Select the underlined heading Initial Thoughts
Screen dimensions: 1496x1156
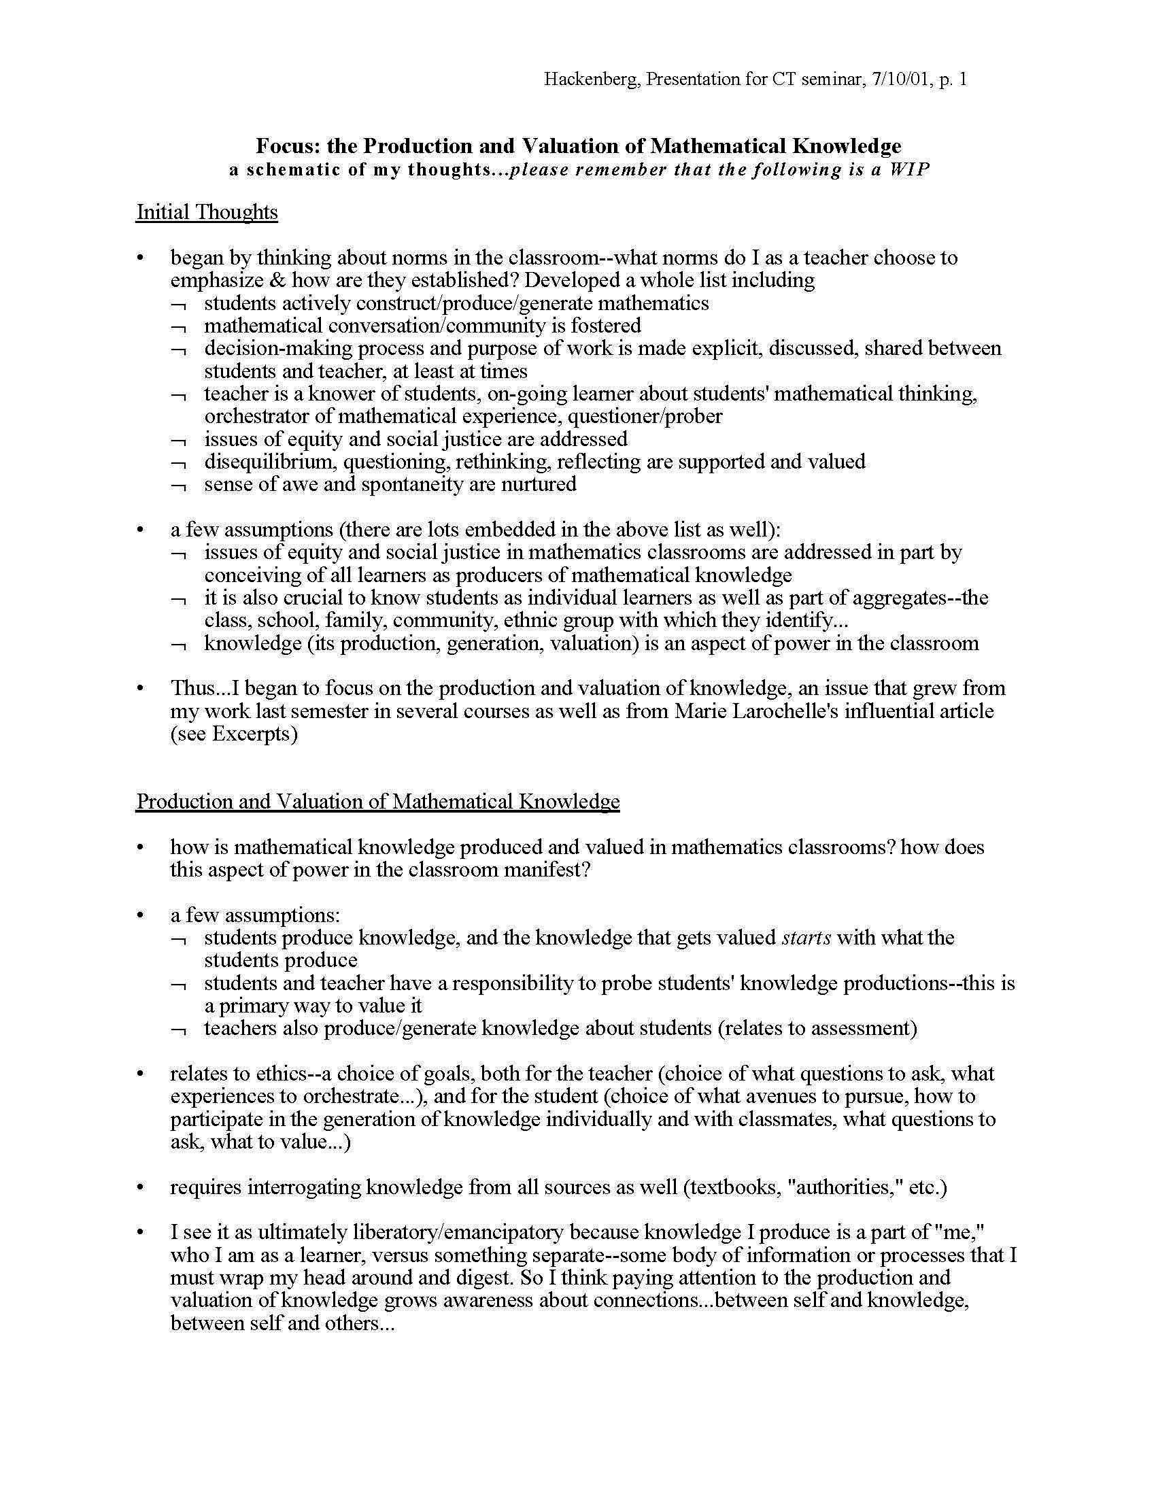pos(207,212)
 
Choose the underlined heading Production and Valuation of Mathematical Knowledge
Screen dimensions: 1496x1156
pos(377,802)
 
